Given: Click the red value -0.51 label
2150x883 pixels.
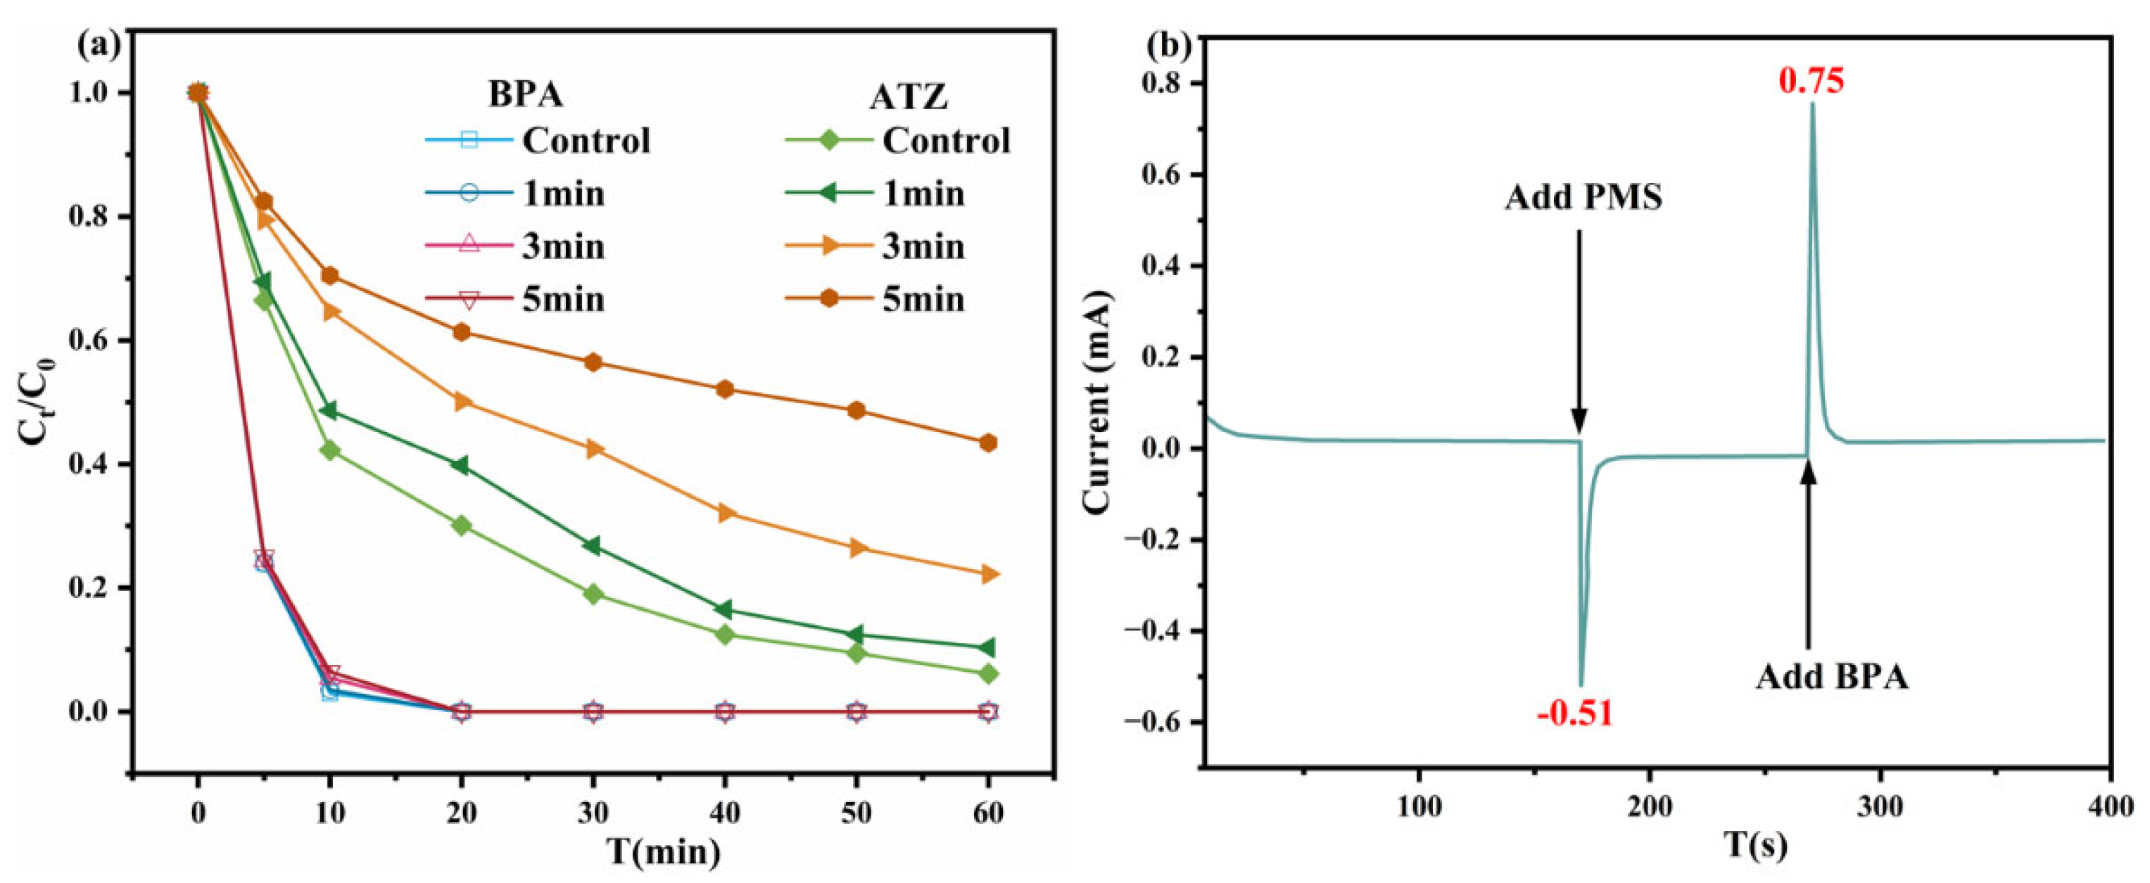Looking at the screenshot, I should (x=1574, y=714).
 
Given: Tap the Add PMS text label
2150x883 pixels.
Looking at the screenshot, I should (x=1583, y=198).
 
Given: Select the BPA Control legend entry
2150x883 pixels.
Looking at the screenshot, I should (x=538, y=140).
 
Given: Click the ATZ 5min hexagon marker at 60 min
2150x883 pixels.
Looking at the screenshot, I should (x=988, y=443).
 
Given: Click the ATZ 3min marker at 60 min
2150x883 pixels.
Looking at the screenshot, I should (x=988, y=574).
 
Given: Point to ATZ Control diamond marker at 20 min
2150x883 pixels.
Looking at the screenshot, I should (x=462, y=526).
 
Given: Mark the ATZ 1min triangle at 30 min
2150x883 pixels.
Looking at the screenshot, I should (x=593, y=546).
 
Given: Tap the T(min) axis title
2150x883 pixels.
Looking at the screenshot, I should (x=664, y=852).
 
